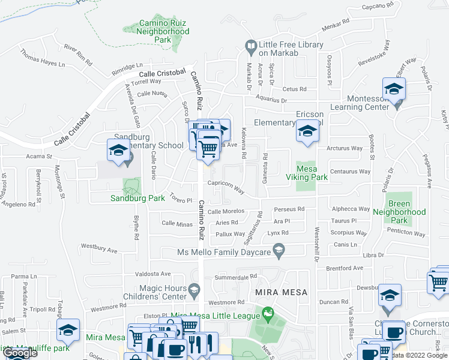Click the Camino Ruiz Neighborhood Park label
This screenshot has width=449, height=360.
pos(155,31)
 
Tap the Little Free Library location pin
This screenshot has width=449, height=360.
pos(250,45)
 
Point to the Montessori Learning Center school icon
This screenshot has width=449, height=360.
pos(394,90)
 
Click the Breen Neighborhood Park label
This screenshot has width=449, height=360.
pos(399,212)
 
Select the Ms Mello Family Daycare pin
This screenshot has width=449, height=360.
pos(278,249)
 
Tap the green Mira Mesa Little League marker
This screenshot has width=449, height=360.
pos(267,313)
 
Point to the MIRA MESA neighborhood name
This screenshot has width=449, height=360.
pos(281,292)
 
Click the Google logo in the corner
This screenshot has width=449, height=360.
pos(20,353)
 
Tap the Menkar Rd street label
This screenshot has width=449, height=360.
pos(335,26)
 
